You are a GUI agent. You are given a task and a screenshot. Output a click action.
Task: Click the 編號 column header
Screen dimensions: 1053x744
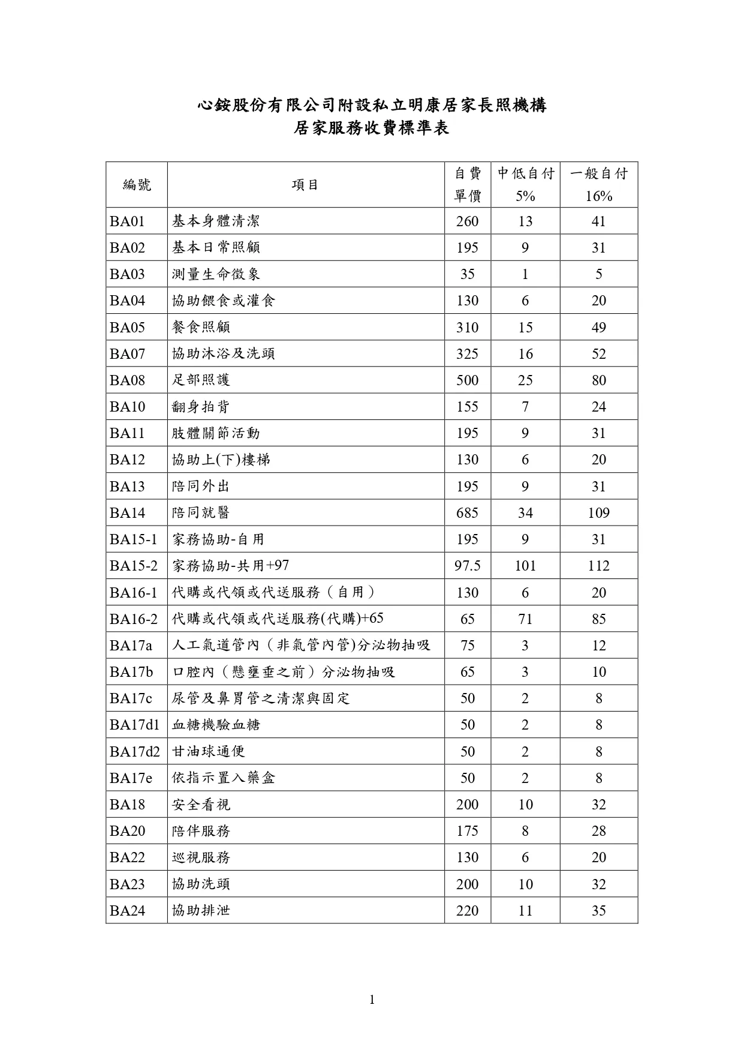(x=137, y=185)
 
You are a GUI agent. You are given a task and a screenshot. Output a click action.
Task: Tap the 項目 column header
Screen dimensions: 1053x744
(x=305, y=185)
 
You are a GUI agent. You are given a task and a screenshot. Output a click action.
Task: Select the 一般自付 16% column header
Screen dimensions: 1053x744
(x=598, y=185)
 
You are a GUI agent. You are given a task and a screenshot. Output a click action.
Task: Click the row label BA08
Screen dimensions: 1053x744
(x=128, y=380)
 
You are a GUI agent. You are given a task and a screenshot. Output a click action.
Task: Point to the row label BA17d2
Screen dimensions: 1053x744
(x=135, y=751)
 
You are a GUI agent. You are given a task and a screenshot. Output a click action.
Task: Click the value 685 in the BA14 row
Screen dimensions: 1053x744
(x=467, y=513)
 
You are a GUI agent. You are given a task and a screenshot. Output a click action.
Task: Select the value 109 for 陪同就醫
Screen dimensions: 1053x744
(x=598, y=513)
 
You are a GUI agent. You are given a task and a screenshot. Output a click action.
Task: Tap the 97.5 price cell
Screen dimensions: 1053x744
(x=467, y=566)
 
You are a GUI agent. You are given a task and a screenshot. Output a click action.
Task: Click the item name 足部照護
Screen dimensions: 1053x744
(x=201, y=380)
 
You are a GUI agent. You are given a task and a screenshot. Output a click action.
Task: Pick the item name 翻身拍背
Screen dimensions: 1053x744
(x=201, y=407)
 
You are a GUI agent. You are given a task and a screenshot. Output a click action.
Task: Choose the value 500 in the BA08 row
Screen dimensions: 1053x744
(x=467, y=380)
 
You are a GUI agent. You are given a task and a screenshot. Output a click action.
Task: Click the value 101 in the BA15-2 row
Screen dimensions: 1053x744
(x=525, y=566)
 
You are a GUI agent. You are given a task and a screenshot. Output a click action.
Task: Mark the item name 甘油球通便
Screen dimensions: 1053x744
(x=208, y=751)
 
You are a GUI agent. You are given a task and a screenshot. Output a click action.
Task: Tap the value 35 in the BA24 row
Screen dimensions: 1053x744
(x=598, y=911)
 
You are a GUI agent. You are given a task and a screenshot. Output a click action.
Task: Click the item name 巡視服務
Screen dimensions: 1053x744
(x=201, y=857)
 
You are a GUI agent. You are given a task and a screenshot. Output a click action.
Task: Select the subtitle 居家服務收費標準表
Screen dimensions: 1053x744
(x=372, y=128)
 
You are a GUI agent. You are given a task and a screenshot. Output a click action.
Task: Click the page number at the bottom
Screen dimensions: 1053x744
(x=372, y=1000)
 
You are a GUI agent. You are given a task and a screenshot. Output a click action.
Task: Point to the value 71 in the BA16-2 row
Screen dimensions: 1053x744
(x=525, y=619)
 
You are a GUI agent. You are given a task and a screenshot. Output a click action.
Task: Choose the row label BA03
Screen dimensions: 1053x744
(x=128, y=274)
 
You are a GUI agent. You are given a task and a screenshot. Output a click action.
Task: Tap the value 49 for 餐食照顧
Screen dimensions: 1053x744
(x=598, y=328)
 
